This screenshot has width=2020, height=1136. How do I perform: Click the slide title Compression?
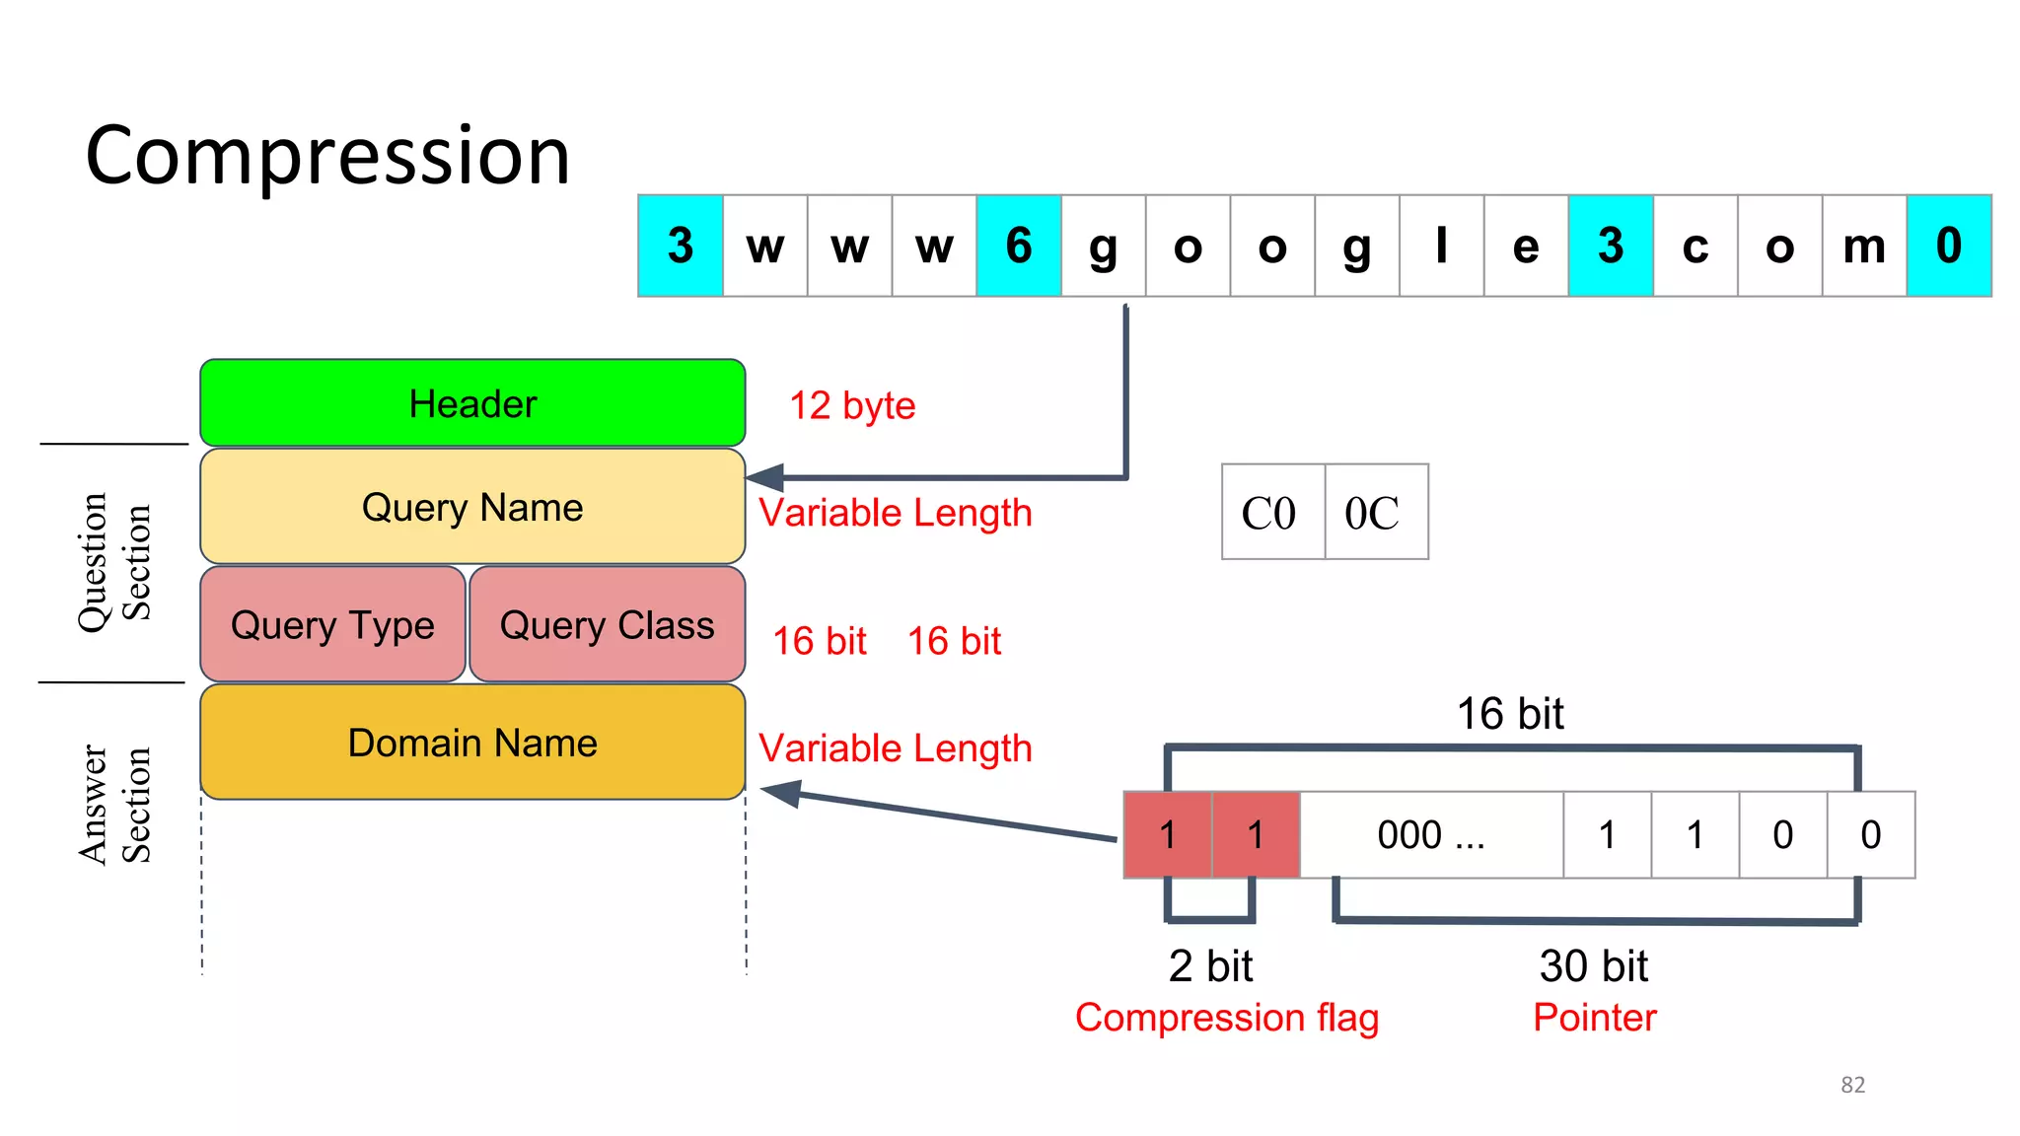pos(327,156)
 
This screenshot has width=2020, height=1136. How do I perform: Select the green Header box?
pos(472,403)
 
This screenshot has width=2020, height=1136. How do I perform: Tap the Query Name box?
pos(472,507)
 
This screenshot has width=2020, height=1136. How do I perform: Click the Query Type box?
pos(332,624)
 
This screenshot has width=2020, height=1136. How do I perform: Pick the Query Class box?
pos(607,624)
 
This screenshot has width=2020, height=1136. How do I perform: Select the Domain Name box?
pos(472,743)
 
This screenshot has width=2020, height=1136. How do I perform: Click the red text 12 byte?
pos(852,405)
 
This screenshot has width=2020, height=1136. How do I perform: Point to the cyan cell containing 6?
pos(1019,246)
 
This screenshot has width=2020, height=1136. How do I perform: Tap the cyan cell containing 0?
pos(1948,246)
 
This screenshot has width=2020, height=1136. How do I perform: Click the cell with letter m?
pos(1864,246)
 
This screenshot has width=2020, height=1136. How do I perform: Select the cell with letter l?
pos(1441,246)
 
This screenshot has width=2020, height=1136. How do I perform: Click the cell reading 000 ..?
pos(1430,835)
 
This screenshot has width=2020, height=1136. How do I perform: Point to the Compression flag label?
pos(1226,1017)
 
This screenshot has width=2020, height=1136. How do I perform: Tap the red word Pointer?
pos(1594,1017)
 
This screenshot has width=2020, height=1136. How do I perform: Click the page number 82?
pos(1852,1085)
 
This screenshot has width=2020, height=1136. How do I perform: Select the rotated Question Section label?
pos(114,562)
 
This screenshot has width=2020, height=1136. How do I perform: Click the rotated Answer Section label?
pos(114,805)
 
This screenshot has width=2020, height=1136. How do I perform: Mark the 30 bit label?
pos(1593,965)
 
